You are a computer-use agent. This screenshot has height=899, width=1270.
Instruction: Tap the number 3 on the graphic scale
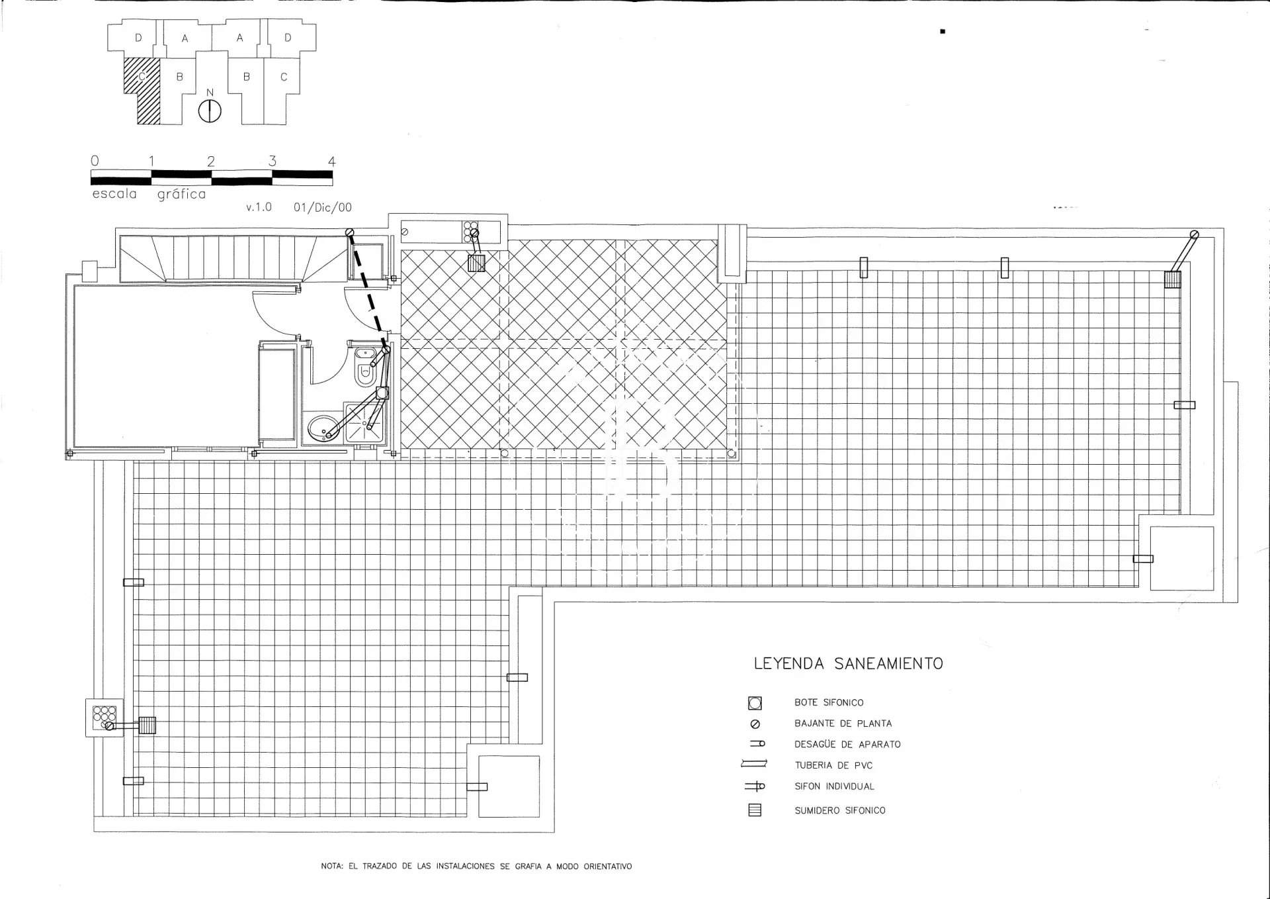pyautogui.click(x=272, y=161)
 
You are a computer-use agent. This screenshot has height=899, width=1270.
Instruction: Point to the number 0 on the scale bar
pyautogui.click(x=95, y=161)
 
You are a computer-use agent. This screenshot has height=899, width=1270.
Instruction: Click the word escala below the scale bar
pyautogui.click(x=114, y=194)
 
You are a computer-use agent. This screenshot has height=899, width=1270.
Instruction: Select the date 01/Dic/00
pyautogui.click(x=323, y=207)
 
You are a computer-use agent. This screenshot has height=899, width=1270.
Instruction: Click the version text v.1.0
pyautogui.click(x=259, y=207)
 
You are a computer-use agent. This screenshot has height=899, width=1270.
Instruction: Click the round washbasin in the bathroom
pyautogui.click(x=323, y=428)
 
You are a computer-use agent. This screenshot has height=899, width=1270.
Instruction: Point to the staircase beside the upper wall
pyautogui.click(x=233, y=258)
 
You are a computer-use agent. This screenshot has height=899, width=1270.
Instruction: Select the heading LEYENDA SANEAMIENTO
pyautogui.click(x=849, y=663)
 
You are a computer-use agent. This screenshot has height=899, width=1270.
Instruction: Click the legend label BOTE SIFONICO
pyautogui.click(x=829, y=702)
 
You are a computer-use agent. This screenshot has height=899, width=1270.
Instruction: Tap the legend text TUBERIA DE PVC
pyautogui.click(x=833, y=765)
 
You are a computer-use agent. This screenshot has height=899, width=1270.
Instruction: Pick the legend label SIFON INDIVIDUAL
pyautogui.click(x=834, y=786)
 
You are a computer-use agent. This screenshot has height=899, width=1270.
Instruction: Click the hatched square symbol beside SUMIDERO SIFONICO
pyautogui.click(x=755, y=810)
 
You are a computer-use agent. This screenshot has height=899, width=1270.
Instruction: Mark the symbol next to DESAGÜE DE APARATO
pyautogui.click(x=758, y=743)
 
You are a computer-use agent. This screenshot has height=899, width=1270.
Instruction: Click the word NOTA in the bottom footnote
pyautogui.click(x=331, y=866)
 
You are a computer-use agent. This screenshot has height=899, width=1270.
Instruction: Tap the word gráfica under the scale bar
pyautogui.click(x=181, y=195)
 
